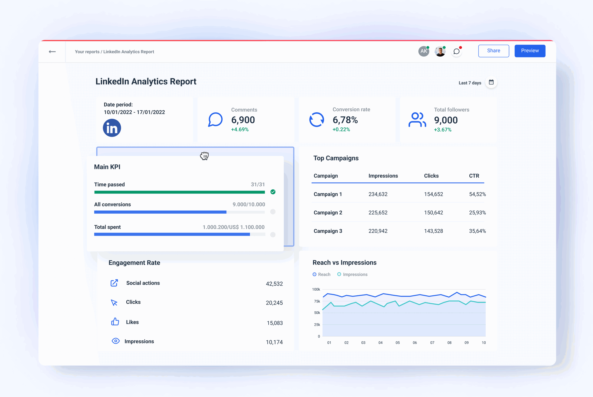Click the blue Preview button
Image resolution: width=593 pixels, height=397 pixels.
pyautogui.click(x=530, y=51)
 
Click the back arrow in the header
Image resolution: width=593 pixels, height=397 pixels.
pyautogui.click(x=52, y=52)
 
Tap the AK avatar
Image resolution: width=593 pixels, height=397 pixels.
pyautogui.click(x=423, y=51)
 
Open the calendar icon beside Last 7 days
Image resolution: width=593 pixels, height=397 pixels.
pyautogui.click(x=491, y=82)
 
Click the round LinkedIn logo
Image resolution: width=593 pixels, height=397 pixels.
pyautogui.click(x=112, y=128)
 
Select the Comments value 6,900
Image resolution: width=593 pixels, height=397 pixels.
pyautogui.click(x=243, y=120)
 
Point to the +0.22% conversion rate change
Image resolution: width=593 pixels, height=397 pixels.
pyautogui.click(x=341, y=129)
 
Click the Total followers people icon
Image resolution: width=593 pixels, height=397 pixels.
pyautogui.click(x=417, y=120)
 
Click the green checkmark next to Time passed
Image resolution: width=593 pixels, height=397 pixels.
pyautogui.click(x=273, y=192)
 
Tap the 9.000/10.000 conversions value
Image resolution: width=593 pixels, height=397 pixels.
pyautogui.click(x=248, y=204)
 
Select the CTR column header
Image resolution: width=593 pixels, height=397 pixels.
pyautogui.click(x=474, y=176)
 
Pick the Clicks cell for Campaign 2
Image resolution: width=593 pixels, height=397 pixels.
pyautogui.click(x=433, y=212)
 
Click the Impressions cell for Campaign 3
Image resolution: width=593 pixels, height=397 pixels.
pyautogui.click(x=378, y=231)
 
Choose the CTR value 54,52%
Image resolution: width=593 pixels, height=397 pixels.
pyautogui.click(x=477, y=194)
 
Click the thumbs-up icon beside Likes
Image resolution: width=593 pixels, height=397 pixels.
pyautogui.click(x=115, y=322)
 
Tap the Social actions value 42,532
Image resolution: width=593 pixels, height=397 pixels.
pyautogui.click(x=274, y=284)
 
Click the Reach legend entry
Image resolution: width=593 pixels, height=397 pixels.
pyautogui.click(x=321, y=274)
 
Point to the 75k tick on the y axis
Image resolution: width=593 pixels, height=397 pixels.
pyautogui.click(x=317, y=301)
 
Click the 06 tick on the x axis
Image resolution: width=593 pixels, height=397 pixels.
pyautogui.click(x=415, y=342)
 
